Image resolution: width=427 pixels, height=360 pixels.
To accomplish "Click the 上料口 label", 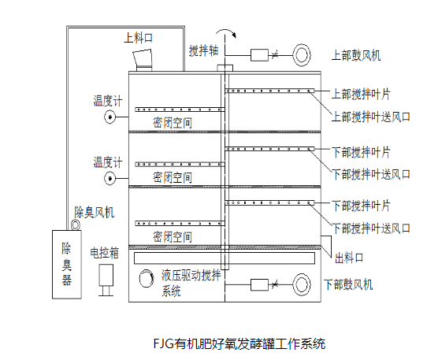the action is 138,38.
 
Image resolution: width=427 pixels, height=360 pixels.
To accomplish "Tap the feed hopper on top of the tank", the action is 143,60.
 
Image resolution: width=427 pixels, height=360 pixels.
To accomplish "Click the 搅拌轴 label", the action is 203,50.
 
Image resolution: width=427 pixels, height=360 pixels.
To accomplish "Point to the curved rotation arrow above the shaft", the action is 226,32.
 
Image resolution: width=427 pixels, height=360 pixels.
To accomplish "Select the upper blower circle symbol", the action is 302,55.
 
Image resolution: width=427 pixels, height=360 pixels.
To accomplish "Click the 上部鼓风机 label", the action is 356,55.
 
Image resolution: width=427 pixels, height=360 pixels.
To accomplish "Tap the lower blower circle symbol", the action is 302,284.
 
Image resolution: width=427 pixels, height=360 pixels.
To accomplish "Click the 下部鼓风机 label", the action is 348,284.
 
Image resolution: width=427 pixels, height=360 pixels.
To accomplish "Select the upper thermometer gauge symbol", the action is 110,117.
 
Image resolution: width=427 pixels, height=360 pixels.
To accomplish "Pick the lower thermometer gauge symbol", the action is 110,178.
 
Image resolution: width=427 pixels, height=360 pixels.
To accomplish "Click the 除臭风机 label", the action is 95,213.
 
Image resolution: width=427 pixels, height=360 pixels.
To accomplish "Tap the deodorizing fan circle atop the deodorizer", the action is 76,225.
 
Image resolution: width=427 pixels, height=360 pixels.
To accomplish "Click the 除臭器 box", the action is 67,265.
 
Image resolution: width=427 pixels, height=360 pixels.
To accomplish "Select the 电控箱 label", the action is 105,253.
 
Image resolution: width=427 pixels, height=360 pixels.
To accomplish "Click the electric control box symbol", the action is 106,280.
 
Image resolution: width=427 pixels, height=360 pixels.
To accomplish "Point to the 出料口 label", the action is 349,258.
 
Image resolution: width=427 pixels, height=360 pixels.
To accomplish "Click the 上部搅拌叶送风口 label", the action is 370,117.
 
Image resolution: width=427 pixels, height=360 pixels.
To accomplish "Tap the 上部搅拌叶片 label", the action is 361,95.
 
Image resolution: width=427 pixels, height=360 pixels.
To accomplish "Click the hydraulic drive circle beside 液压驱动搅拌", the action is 147,278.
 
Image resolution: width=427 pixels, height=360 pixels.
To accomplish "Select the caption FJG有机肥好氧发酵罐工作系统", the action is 239,343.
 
